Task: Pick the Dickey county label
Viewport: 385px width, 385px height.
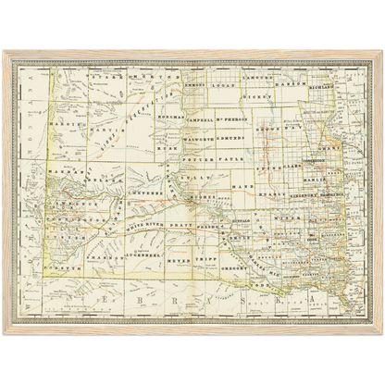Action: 256,94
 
